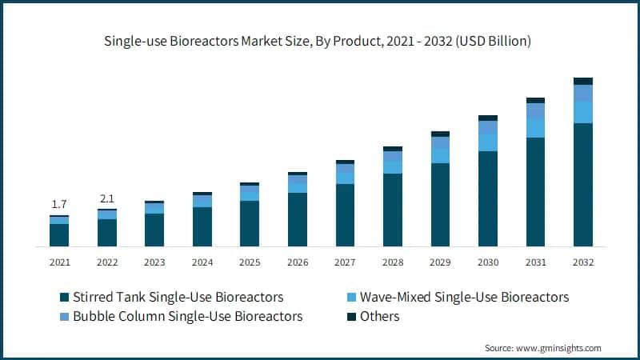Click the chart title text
click(319, 40)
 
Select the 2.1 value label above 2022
click(106, 198)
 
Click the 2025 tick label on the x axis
click(250, 262)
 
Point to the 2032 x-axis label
click(583, 262)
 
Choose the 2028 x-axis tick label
click(393, 262)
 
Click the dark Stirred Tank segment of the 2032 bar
click(583, 184)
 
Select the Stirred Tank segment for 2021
click(58, 234)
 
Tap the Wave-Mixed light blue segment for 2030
click(488, 142)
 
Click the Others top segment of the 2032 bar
click(583, 81)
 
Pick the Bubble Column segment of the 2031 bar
click(535, 110)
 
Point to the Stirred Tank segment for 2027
click(345, 214)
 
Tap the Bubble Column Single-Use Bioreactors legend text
click(187, 316)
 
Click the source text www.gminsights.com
click(560, 348)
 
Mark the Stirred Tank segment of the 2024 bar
click(202, 226)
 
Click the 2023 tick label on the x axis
click(154, 262)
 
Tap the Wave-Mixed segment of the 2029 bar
click(440, 155)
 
